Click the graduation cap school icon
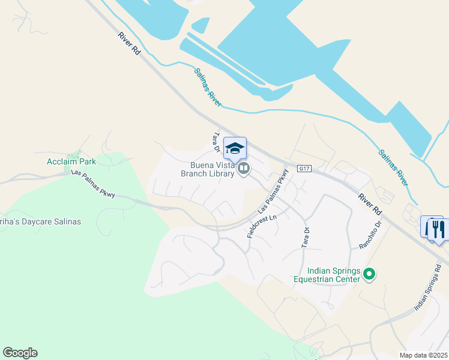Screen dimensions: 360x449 235,148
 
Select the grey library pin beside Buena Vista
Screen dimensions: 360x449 243,169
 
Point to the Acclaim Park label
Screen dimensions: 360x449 71,161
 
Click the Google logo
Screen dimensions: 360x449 20,352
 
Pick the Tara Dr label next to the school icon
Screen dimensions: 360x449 218,142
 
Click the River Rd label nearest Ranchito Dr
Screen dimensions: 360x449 370,204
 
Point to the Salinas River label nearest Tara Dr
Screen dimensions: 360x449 208,88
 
